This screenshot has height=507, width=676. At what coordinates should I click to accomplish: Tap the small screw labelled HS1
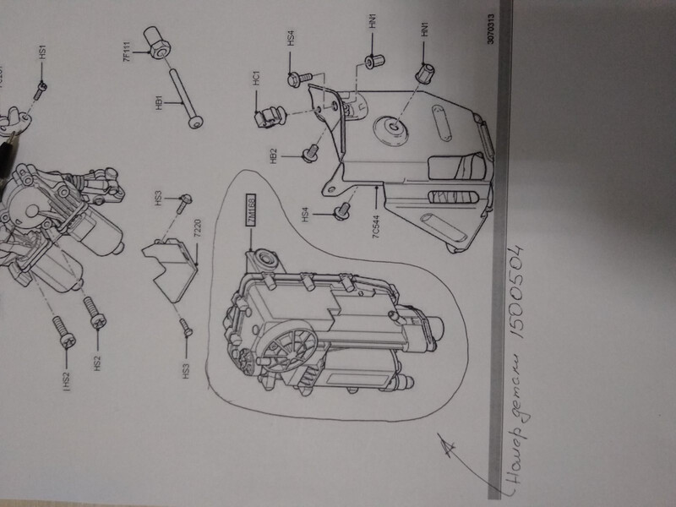(x=41, y=84)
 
